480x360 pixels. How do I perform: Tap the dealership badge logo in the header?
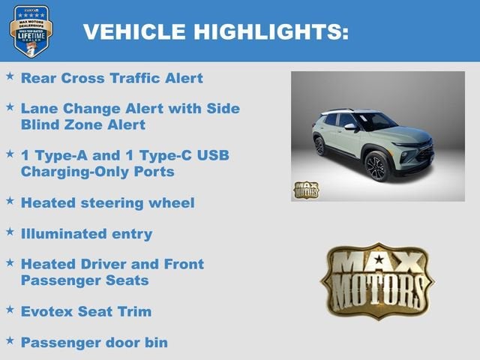point(31,31)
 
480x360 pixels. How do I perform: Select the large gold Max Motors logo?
point(377,280)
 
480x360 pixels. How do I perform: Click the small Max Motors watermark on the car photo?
point(305,190)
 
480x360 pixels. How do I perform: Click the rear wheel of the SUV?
point(320,145)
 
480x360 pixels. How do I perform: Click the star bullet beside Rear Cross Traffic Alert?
point(10,76)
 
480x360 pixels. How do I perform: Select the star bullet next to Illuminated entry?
point(10,232)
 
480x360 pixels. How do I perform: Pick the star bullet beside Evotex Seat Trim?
point(10,309)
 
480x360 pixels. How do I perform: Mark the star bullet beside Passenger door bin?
point(10,340)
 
